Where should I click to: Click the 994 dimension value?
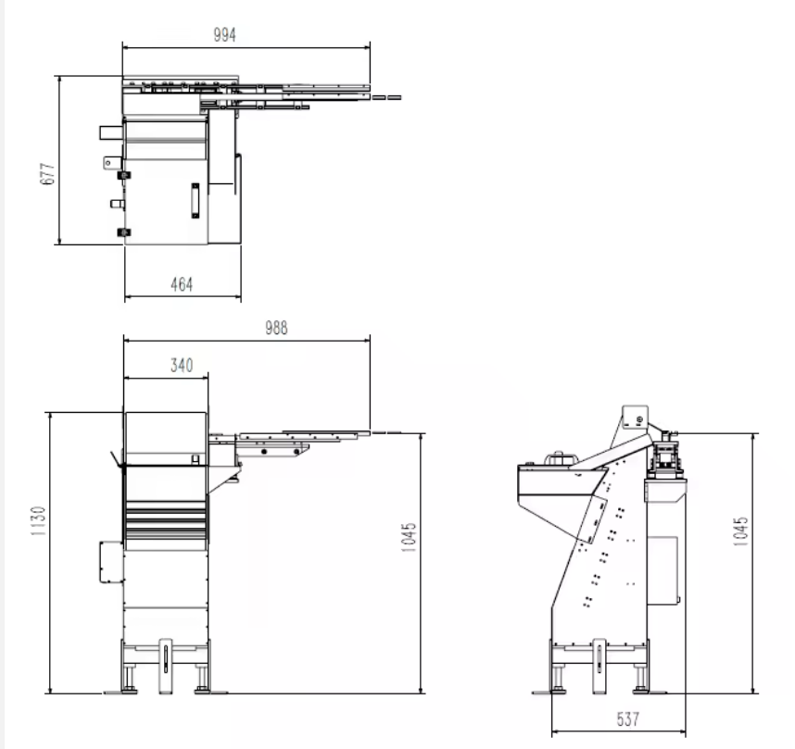point(224,35)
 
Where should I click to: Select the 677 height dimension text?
point(47,174)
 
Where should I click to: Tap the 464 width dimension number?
point(182,284)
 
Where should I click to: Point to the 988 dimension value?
point(276,328)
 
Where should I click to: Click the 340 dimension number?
point(182,365)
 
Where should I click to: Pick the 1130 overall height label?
point(38,521)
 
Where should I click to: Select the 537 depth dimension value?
point(627,718)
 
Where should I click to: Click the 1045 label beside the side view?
point(740,531)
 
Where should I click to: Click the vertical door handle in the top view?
point(196,200)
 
